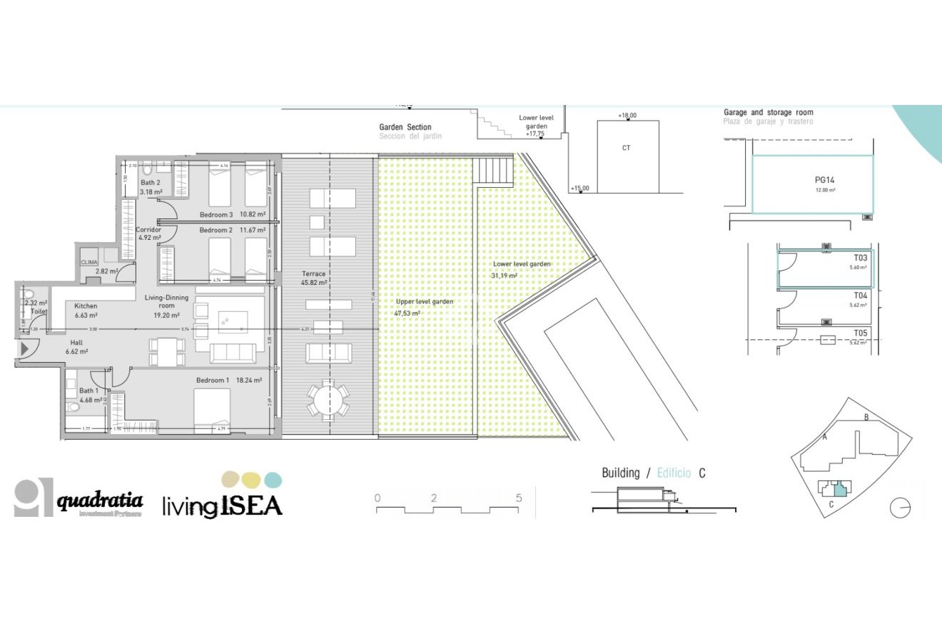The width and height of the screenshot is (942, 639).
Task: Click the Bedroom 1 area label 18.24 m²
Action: click(249, 381)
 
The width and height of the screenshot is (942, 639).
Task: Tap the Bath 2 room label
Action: click(150, 183)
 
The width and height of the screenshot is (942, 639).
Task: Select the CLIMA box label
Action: click(89, 262)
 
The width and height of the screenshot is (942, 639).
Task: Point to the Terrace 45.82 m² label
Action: click(313, 278)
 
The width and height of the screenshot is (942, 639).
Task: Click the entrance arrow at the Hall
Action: click(24, 349)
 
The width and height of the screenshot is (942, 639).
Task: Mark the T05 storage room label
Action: click(860, 333)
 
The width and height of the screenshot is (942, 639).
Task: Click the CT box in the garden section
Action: click(626, 149)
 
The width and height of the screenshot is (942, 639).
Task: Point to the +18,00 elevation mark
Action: click(627, 116)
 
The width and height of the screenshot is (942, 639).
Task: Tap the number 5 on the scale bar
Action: click(519, 498)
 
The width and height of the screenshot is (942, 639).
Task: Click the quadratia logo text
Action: click(100, 501)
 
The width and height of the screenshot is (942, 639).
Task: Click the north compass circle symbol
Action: click(900, 508)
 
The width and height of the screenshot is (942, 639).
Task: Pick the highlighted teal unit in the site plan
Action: click(840, 489)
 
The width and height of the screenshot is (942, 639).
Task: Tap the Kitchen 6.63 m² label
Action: click(86, 310)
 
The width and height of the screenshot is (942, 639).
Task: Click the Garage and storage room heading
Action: click(768, 113)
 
